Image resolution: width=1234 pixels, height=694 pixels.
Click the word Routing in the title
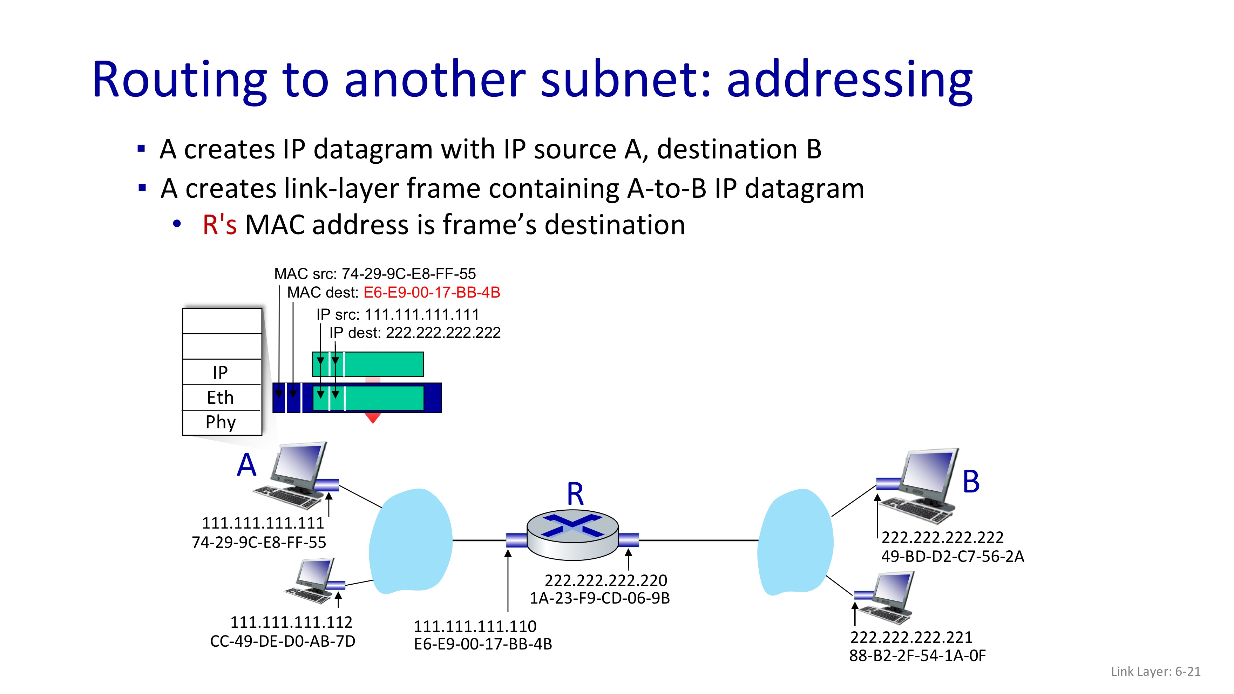click(179, 81)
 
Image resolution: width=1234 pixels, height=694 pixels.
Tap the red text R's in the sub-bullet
click(219, 225)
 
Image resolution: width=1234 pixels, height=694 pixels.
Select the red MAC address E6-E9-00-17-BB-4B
click(432, 292)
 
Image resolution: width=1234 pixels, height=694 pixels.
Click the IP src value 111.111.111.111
click(421, 315)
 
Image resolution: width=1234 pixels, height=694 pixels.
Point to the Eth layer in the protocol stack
click(221, 397)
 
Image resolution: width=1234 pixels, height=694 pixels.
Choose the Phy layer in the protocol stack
click(221, 422)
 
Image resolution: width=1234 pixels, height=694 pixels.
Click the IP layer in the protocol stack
click(221, 372)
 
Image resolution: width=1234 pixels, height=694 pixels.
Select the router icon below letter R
click(572, 535)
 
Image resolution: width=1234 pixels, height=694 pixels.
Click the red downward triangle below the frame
click(373, 418)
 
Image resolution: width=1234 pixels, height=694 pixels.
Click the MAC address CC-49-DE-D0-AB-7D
click(283, 641)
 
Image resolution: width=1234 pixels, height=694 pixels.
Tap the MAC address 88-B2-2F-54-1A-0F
click(917, 656)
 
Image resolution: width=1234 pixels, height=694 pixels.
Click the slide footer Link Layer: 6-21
click(1155, 672)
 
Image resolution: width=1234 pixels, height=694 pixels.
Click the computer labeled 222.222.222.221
click(886, 597)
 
